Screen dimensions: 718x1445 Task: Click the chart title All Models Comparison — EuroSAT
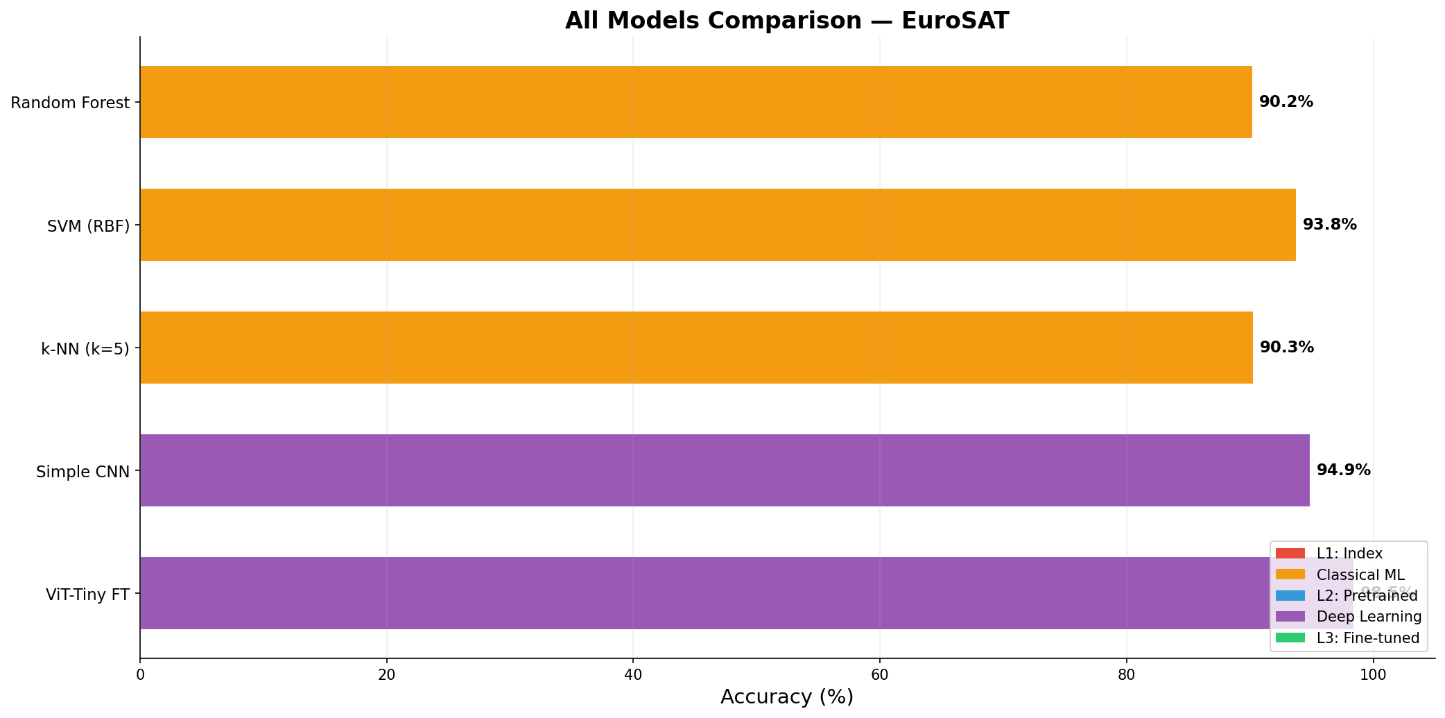[x=786, y=21]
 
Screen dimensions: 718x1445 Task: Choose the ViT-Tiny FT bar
[x=693, y=593]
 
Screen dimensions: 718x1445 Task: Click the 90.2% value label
[x=1286, y=102]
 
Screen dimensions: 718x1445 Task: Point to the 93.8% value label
[x=1329, y=225]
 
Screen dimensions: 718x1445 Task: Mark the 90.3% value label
[x=1286, y=348]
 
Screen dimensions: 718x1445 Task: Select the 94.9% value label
[x=1343, y=470]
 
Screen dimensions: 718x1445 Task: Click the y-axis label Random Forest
[x=70, y=103]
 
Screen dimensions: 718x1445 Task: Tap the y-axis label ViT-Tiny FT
[x=87, y=595]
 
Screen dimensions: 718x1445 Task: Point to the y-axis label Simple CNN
[x=83, y=472]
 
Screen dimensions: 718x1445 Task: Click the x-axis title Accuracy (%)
[x=786, y=697]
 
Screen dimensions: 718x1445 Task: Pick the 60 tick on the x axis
[x=879, y=674]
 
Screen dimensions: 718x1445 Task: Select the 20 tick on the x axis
[x=386, y=674]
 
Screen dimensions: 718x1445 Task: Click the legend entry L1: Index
[x=1349, y=554]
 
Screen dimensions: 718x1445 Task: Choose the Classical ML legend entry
[x=1360, y=574]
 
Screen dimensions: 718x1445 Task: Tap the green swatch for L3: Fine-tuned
[x=1290, y=638]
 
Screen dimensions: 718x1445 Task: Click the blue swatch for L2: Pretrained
[x=1290, y=595]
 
